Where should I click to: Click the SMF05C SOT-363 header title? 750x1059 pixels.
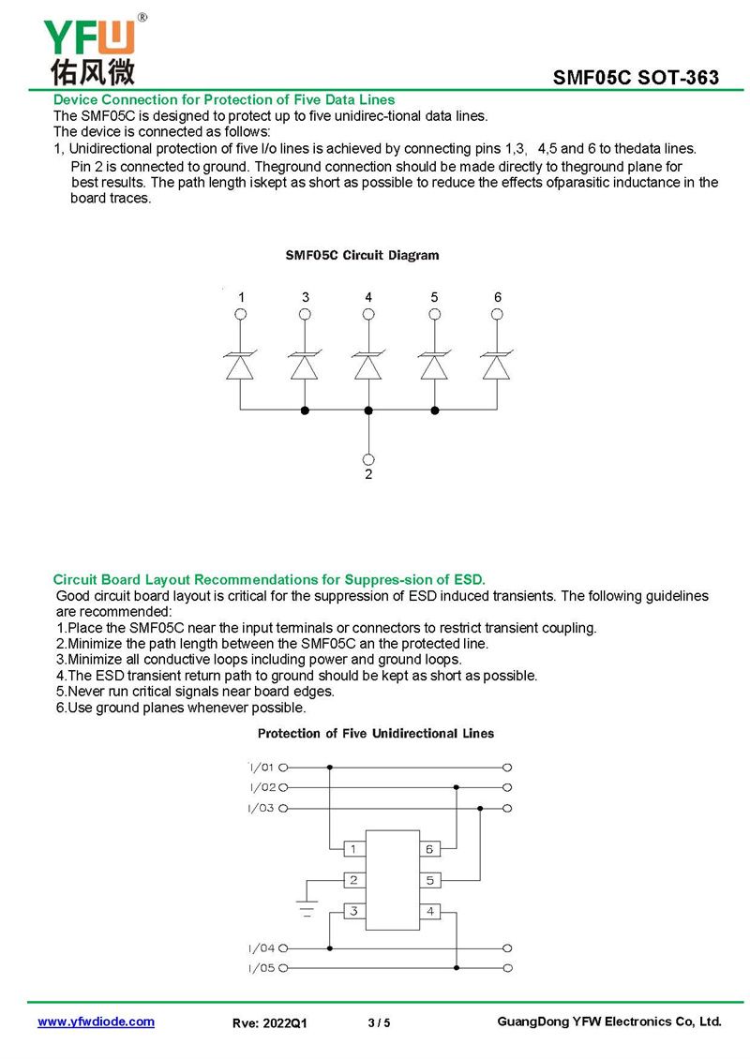[x=636, y=78]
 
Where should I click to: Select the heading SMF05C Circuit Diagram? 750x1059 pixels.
[x=362, y=255]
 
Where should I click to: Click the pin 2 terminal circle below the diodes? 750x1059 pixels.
[x=368, y=459]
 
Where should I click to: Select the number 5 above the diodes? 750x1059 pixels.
[x=434, y=297]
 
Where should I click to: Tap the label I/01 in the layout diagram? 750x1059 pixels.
[x=262, y=767]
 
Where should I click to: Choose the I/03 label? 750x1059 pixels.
[x=262, y=808]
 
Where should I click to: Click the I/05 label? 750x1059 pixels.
[x=262, y=968]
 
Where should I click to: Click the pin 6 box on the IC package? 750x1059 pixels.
[x=429, y=849]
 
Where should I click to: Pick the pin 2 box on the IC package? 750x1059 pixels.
[x=353, y=880]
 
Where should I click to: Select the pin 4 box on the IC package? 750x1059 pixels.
[x=429, y=911]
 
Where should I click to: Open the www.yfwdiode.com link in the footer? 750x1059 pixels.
[x=96, y=1022]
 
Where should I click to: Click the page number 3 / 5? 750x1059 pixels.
[x=379, y=1023]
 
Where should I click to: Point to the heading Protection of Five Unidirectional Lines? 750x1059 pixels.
[x=376, y=733]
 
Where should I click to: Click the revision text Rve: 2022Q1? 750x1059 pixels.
[x=269, y=1023]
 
